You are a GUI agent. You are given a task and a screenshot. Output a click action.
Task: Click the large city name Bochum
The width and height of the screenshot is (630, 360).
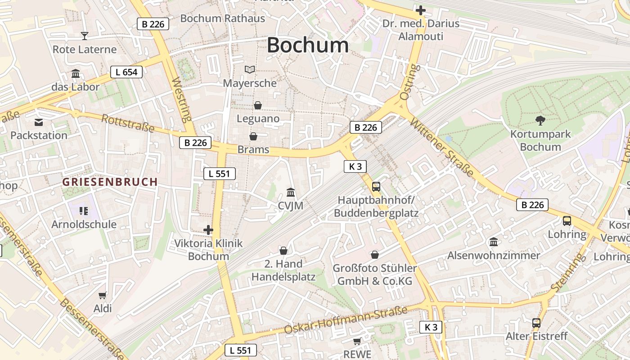pos(308,45)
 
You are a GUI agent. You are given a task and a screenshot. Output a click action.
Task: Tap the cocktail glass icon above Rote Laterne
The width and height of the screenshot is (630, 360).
pos(84,36)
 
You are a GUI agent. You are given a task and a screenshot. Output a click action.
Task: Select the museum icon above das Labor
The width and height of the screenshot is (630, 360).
pos(76,73)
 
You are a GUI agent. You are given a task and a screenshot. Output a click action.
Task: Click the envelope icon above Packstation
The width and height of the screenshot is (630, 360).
pos(39,122)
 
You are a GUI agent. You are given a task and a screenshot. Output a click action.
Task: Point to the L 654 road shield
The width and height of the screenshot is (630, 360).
pos(126,72)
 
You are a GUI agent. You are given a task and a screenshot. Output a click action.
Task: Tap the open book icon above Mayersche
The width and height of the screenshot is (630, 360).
pos(250,69)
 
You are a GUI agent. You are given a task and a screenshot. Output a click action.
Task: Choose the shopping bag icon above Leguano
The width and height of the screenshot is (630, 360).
pos(258,105)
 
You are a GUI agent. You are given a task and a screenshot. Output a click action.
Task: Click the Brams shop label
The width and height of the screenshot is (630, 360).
pos(253,149)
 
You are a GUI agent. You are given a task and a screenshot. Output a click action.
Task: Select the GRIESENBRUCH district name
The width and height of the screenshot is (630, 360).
pos(110,182)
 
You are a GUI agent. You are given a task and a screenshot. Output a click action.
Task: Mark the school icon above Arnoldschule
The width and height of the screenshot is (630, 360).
pos(83,211)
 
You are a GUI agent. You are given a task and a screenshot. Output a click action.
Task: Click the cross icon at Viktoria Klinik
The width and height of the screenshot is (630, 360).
pos(208,230)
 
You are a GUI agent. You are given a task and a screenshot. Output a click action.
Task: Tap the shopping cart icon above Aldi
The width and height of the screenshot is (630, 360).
pos(103,295)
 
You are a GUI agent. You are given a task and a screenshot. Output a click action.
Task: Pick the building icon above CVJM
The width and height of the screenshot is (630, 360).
pos(291,193)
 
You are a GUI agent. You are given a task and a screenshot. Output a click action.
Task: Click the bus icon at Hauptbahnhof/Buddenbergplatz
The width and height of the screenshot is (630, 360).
pos(376,186)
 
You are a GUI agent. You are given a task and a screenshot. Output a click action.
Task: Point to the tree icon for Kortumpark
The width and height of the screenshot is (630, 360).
pos(540,120)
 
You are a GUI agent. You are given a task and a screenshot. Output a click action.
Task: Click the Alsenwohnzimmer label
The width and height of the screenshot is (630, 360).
pos(494,256)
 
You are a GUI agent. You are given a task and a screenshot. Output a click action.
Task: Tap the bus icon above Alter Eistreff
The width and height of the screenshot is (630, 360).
pos(536,323)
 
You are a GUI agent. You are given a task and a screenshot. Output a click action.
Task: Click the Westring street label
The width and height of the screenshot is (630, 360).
pos(182,100)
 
